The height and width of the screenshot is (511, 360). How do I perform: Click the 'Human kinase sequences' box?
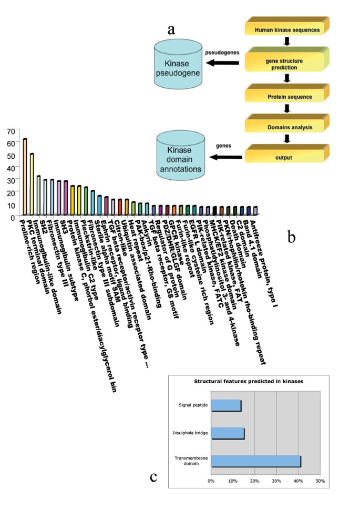286,29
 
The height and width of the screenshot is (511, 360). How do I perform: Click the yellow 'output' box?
286,158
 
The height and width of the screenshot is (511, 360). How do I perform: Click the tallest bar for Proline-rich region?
25,176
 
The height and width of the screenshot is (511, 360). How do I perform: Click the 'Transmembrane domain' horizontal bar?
255,461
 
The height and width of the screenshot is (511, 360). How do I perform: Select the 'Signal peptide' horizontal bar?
226,405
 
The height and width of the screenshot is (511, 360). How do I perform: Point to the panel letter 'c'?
153,477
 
